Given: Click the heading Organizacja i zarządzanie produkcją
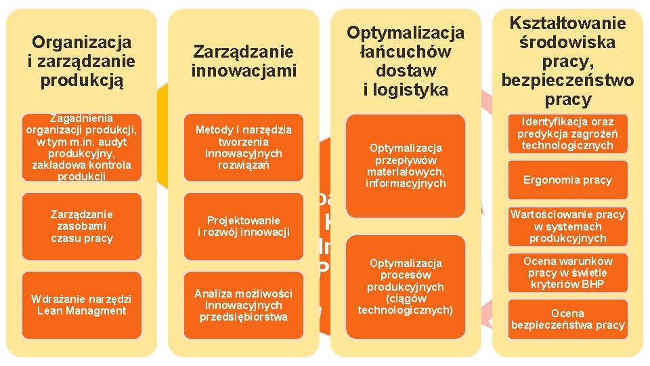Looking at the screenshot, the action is tap(81, 62).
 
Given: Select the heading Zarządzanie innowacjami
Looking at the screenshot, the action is tap(244, 61).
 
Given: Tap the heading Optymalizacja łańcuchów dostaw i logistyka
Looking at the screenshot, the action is tap(406, 61).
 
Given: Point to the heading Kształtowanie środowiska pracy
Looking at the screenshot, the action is tap(567, 62).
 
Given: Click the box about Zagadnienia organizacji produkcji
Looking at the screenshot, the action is tap(81, 147).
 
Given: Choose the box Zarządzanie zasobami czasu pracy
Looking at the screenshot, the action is tap(81, 226).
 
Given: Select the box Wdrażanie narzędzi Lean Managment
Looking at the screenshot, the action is tap(81, 305).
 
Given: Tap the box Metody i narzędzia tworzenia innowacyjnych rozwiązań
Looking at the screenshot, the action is tap(244, 147).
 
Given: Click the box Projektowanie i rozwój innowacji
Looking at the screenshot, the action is tap(244, 226).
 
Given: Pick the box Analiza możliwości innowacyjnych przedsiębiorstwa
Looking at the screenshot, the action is tap(244, 305).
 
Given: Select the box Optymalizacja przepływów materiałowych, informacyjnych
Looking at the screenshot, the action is tap(406, 165).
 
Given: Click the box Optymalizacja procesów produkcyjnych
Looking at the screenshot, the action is tap(406, 286).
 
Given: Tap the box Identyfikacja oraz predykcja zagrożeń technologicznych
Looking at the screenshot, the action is tap(567, 134).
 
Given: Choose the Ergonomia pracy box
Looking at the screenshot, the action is tap(567, 180).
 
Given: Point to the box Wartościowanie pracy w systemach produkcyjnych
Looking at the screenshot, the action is tap(567, 226).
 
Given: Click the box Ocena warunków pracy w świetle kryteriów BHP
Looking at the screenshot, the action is tap(567, 272).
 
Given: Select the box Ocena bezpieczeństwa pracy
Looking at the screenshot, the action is tap(567, 319).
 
